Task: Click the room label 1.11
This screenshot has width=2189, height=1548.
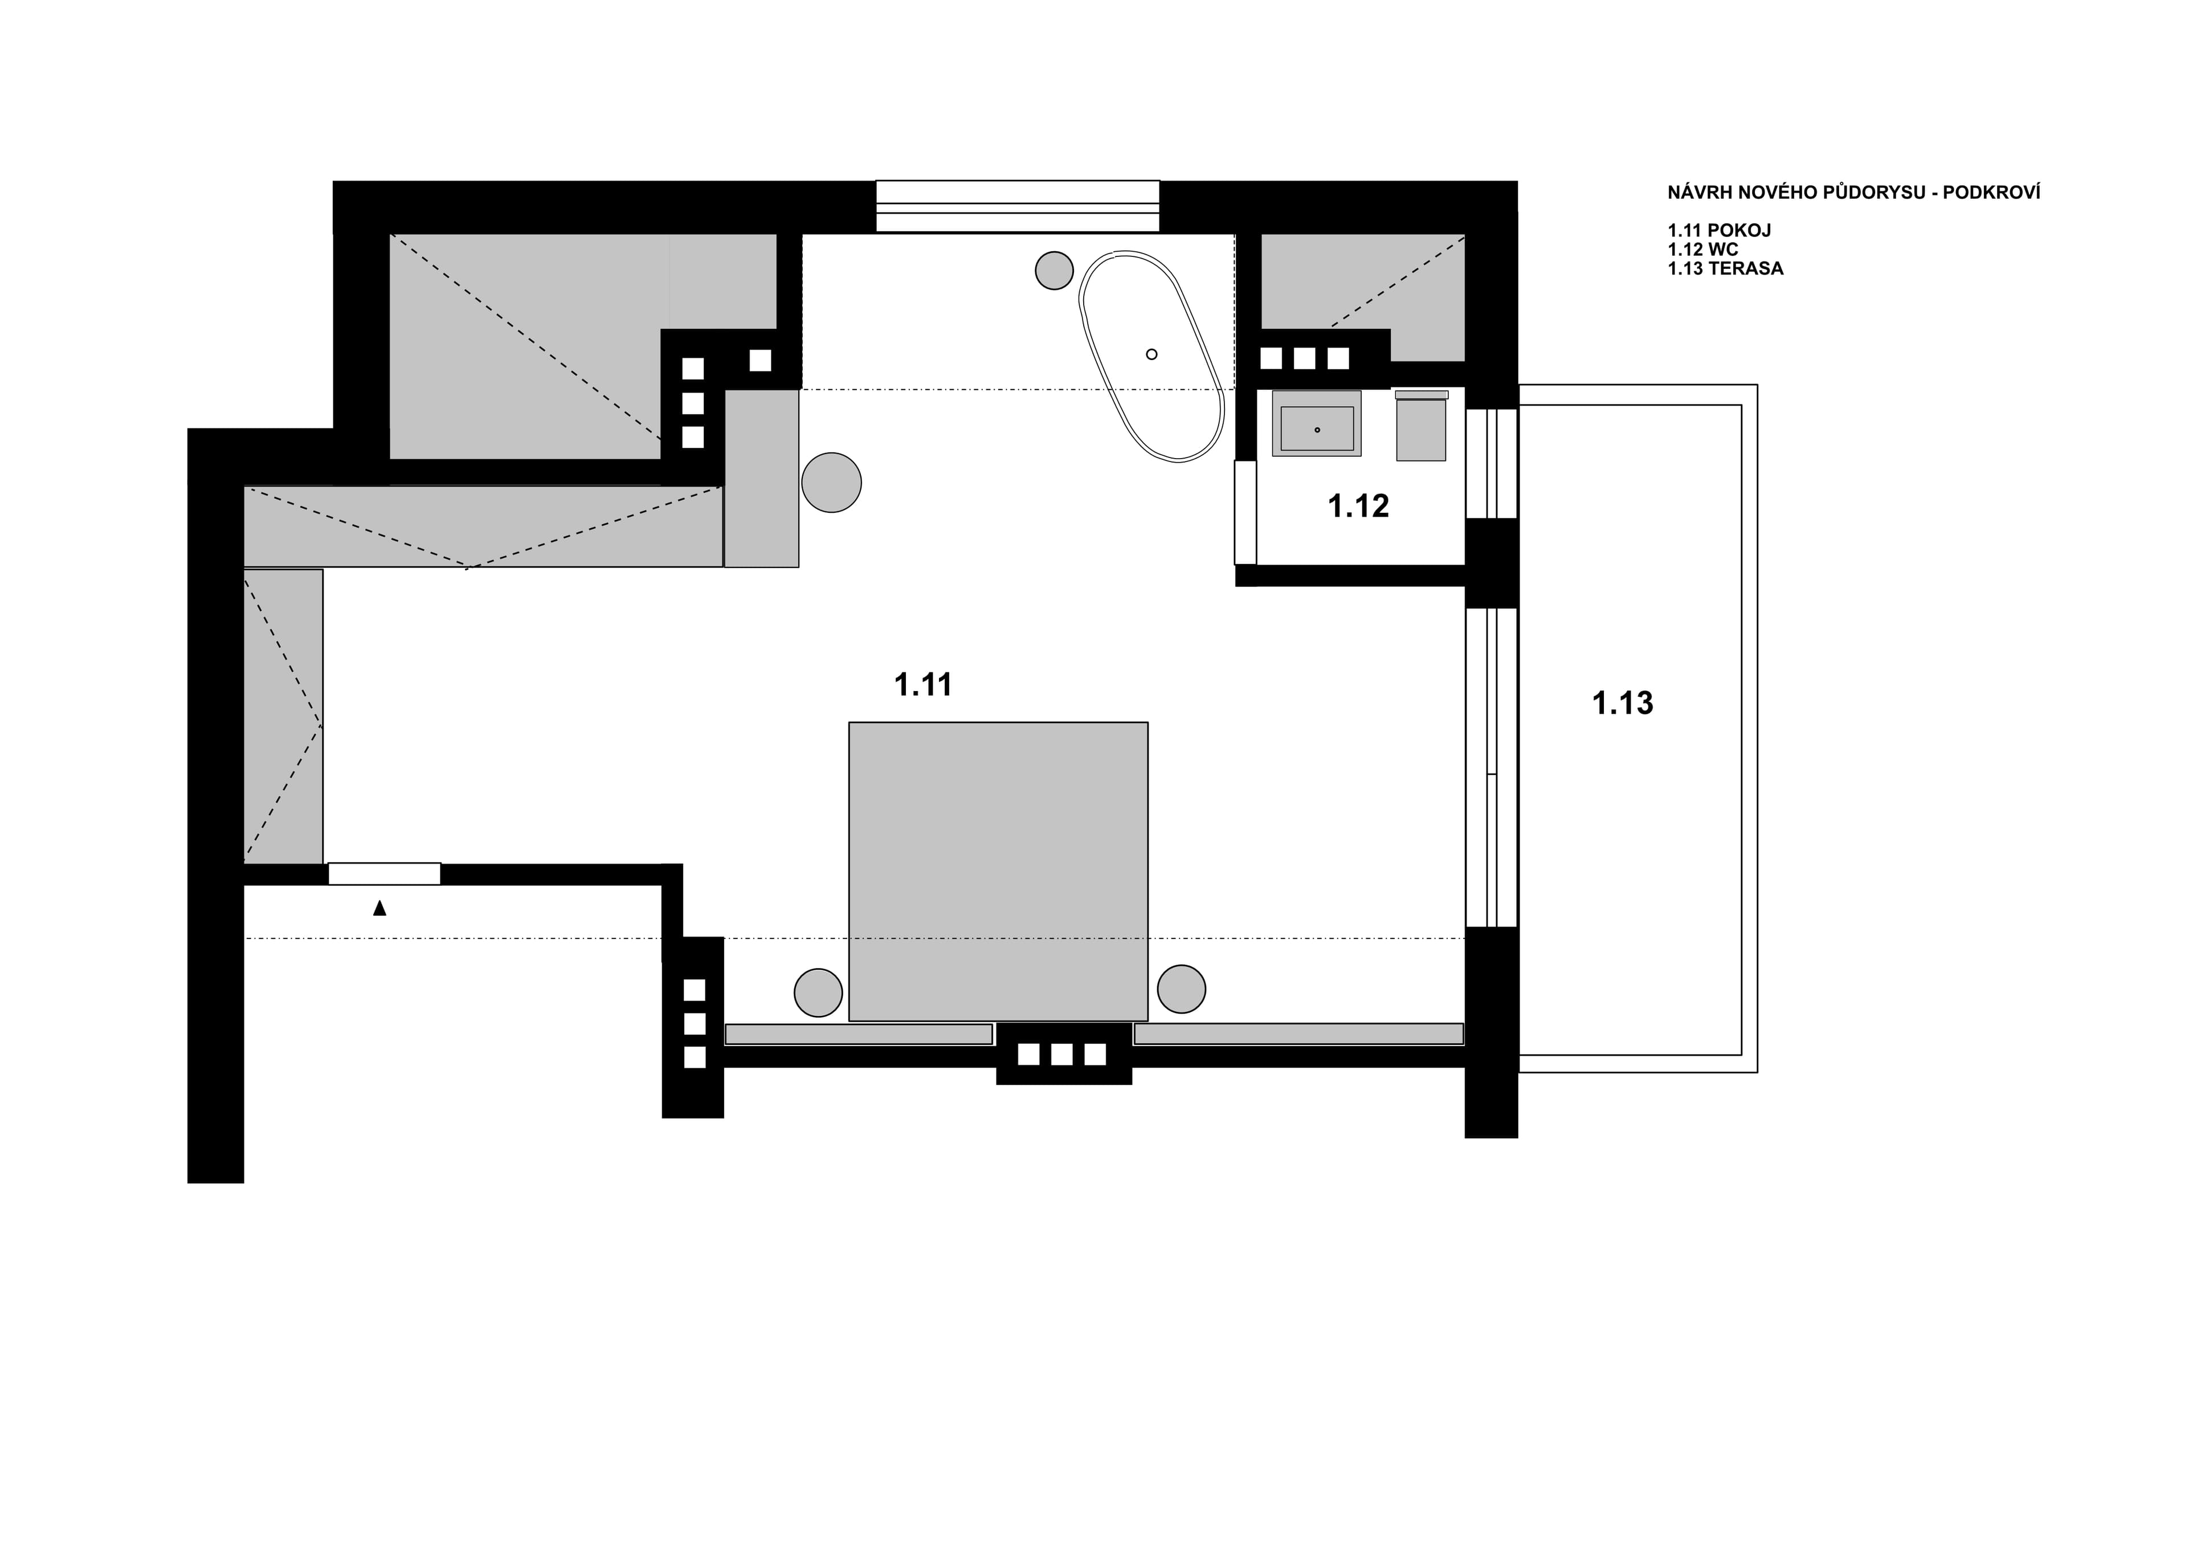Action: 923,684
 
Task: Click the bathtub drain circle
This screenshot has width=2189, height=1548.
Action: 1151,354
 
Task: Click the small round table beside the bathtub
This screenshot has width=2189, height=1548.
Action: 1053,271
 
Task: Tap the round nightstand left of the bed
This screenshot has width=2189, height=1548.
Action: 818,992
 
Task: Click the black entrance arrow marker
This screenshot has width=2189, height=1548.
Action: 379,908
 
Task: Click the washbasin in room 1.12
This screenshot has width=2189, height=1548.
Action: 1317,428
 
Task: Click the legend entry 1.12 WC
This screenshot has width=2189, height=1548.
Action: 1703,250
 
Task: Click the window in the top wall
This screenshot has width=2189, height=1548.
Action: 1017,206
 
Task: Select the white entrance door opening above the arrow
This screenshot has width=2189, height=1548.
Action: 384,873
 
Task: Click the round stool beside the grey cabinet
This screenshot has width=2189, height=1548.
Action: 831,483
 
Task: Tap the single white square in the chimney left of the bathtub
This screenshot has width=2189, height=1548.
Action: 760,360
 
